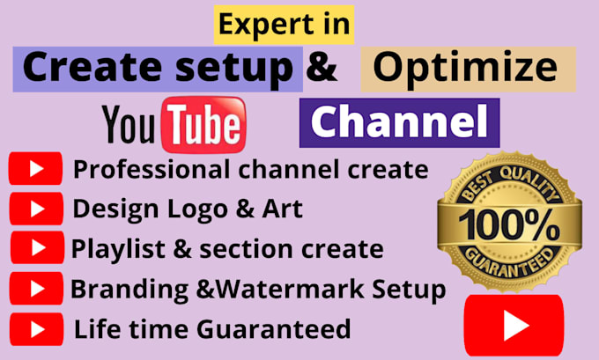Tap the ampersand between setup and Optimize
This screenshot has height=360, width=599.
[322, 70]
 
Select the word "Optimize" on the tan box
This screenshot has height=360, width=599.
[469, 70]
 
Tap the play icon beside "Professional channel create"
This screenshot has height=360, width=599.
[35, 168]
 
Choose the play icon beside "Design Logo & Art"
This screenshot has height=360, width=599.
[36, 209]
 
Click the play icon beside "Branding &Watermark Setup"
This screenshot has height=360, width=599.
[36, 289]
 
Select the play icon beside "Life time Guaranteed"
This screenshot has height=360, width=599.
[36, 329]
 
